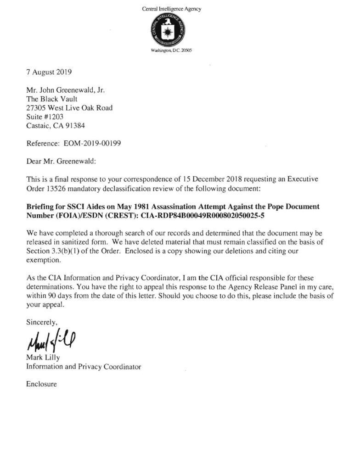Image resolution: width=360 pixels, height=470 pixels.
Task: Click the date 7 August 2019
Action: pos(49,72)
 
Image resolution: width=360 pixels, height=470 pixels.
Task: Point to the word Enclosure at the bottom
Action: pos(41,384)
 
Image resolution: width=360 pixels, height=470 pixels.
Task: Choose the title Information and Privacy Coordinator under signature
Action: pos(83,366)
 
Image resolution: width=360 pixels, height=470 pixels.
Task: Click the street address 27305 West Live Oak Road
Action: pos(69,108)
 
